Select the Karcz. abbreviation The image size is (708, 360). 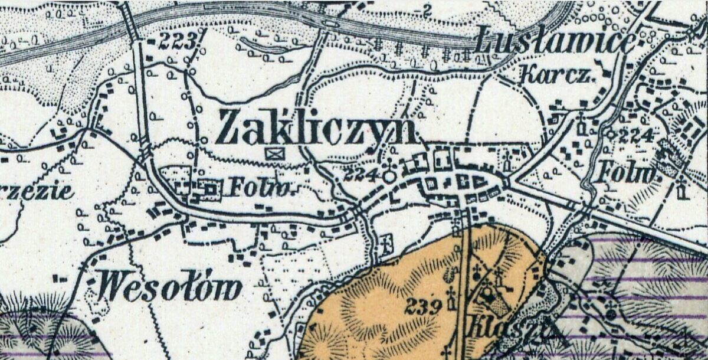(x=558, y=75)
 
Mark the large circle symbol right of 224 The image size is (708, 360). (x=389, y=176)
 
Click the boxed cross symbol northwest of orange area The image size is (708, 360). (x=387, y=241)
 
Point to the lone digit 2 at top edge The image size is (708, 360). (x=428, y=9)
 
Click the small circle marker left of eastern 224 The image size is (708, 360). (x=612, y=134)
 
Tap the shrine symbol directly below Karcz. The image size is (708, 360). (x=581, y=125)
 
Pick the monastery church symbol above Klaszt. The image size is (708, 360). (x=488, y=292)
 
